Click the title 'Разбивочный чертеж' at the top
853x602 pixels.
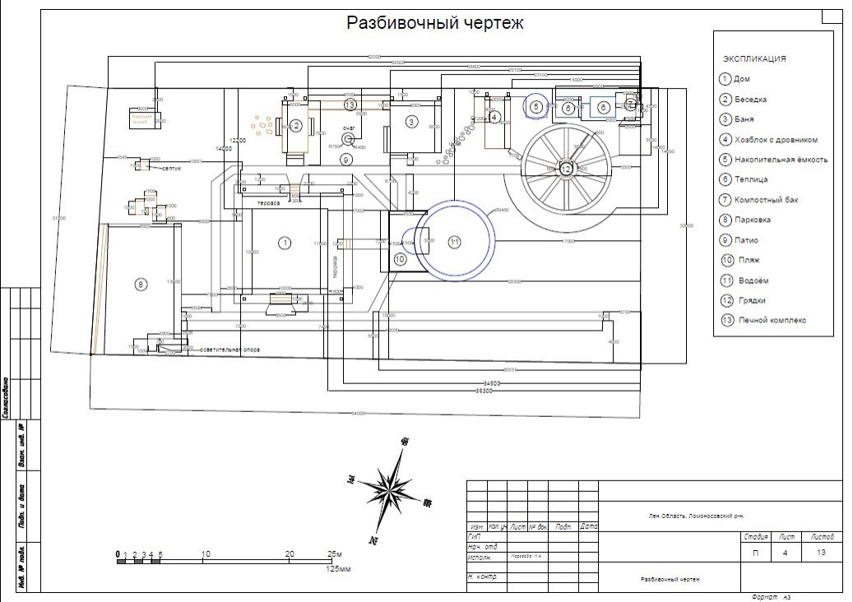click(x=434, y=22)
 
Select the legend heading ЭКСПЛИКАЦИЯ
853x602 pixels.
click(x=754, y=58)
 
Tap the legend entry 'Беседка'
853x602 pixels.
click(x=750, y=100)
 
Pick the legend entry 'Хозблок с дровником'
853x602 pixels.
click(x=777, y=140)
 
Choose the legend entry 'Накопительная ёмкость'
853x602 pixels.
click(x=781, y=160)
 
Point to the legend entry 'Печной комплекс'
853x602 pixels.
click(x=772, y=320)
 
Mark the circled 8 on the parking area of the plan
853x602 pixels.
click(x=141, y=285)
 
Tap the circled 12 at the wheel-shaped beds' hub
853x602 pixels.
click(x=566, y=168)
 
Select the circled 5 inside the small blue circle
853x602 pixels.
click(x=536, y=107)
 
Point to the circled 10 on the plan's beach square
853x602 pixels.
click(x=401, y=258)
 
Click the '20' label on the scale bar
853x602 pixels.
click(x=290, y=553)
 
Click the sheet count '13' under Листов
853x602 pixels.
click(x=820, y=553)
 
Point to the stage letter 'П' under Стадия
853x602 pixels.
click(x=755, y=553)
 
